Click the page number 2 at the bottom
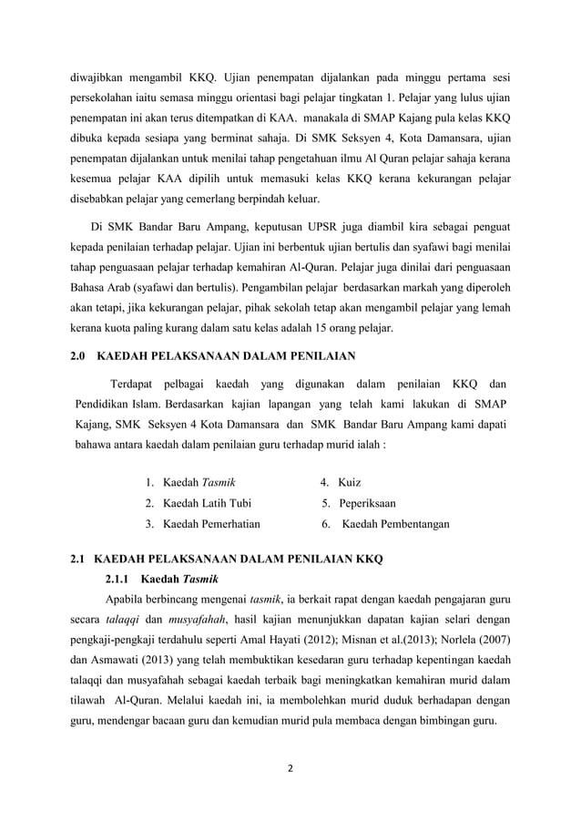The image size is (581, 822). pos(290,768)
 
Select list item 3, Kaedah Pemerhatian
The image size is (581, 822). pos(210,524)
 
